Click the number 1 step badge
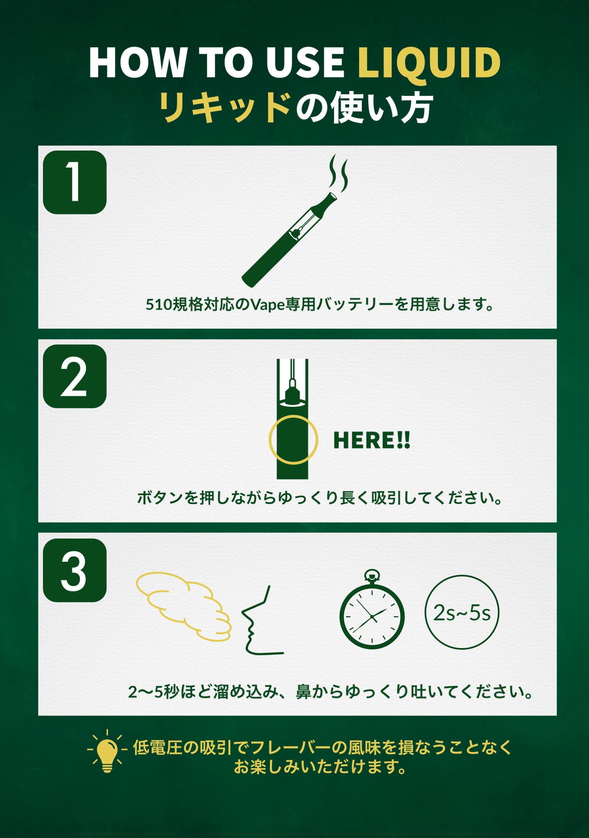tap(74, 182)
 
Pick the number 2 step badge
tap(74, 376)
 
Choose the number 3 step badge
tap(74, 570)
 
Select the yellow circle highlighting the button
tap(293, 439)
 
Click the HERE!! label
tap(371, 440)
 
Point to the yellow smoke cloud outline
tap(183, 605)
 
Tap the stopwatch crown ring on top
tap(371, 575)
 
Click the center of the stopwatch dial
tap(372, 616)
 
